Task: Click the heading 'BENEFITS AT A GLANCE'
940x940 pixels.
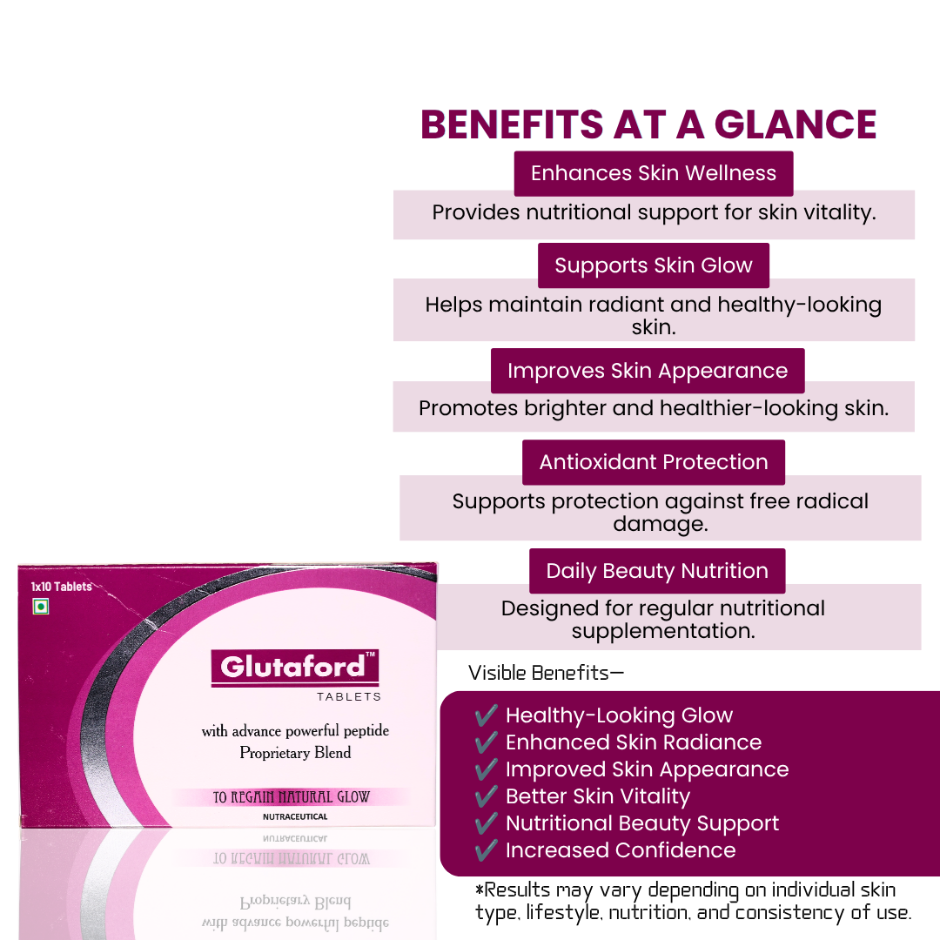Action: (x=648, y=124)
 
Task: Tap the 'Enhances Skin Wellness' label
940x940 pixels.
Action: (x=654, y=173)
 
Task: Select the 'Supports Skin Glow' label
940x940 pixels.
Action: (x=654, y=265)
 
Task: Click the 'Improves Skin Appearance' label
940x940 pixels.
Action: (x=648, y=371)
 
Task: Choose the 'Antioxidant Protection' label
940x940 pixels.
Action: (x=654, y=462)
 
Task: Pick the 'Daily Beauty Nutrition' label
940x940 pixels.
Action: (x=657, y=571)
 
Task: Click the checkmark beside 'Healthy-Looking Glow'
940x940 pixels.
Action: (x=487, y=715)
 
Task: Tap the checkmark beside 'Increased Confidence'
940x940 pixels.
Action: (x=487, y=849)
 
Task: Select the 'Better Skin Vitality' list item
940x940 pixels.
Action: (x=598, y=796)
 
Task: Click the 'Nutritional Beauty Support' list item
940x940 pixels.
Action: (x=642, y=823)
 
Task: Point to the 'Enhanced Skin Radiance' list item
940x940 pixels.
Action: (x=634, y=742)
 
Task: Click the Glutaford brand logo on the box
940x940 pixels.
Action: (x=295, y=668)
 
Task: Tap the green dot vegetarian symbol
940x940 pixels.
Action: (x=41, y=607)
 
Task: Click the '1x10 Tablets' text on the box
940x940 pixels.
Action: (x=61, y=587)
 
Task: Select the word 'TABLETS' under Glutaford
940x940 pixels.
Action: (x=349, y=696)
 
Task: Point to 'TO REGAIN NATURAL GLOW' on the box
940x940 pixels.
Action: (x=292, y=796)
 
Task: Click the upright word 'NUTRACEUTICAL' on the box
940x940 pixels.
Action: (x=295, y=816)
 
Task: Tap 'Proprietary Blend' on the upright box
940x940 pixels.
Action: (x=295, y=752)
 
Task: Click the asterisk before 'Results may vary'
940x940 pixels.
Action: (x=479, y=888)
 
